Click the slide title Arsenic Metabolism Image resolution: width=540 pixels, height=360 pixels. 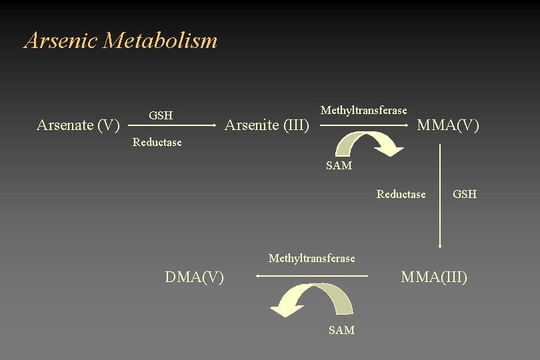click(x=121, y=41)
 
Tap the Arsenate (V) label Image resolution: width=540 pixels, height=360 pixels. click(x=78, y=125)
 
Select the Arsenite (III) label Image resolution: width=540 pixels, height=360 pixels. click(x=267, y=125)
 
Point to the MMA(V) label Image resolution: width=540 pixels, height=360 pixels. click(x=448, y=125)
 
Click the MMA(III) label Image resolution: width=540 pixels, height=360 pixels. click(x=434, y=277)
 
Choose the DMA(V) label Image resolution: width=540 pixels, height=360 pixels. click(x=195, y=277)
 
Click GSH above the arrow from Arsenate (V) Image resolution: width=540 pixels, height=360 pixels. click(x=161, y=115)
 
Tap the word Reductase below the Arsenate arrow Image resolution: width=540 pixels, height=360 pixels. click(x=157, y=142)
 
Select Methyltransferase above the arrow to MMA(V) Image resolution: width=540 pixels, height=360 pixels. click(x=363, y=110)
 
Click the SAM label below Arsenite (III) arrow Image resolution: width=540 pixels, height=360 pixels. click(x=339, y=166)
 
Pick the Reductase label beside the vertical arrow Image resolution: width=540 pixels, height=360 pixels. click(x=401, y=195)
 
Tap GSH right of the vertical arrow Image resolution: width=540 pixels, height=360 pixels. click(x=465, y=195)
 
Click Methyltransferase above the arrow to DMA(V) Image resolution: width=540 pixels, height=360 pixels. click(x=311, y=258)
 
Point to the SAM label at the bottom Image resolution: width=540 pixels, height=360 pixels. click(x=341, y=330)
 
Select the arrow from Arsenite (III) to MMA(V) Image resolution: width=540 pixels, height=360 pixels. click(x=363, y=125)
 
